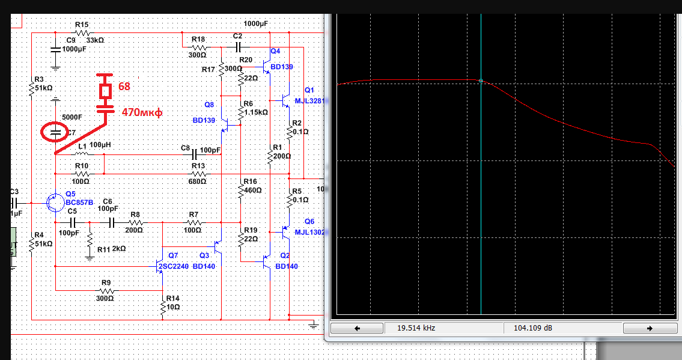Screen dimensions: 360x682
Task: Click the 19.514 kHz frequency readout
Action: pos(415,329)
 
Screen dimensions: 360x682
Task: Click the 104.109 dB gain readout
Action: pos(533,329)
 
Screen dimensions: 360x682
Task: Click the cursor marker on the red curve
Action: pos(481,81)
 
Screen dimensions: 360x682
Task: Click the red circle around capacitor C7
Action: pos(55,132)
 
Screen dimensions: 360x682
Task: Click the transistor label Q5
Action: pos(71,194)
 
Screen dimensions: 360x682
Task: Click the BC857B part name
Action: pos(79,203)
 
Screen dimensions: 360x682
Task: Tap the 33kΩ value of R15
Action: pos(96,40)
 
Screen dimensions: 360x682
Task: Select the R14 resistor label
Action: pos(173,298)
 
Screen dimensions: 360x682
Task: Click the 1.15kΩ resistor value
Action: pos(255,112)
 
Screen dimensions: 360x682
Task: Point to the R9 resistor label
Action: pos(106,282)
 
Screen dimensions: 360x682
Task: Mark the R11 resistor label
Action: pos(104,248)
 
